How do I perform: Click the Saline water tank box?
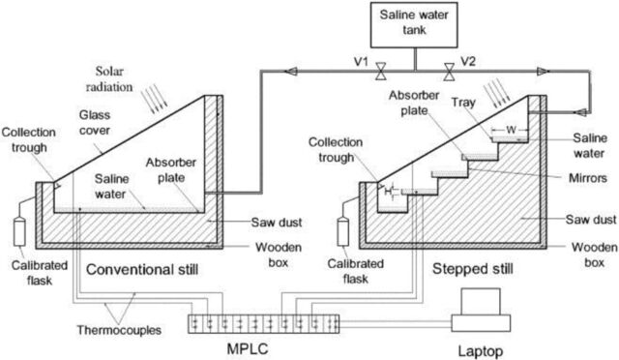pos(414,25)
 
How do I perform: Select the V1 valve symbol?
pos(380,72)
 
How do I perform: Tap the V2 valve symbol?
pos(449,72)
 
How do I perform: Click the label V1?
pos(361,62)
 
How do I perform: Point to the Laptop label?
pos(481,351)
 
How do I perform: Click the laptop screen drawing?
pos(481,302)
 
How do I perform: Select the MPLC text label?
pos(248,348)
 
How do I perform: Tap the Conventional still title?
pos(142,269)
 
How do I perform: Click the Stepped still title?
pos(473,269)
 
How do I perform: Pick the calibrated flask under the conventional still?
pos(19,231)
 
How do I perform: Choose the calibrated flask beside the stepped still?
pos(342,231)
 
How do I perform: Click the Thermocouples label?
pos(119,330)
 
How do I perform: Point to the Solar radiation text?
pos(109,79)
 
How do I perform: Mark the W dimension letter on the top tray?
pos(511,130)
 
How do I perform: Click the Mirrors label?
pos(588,178)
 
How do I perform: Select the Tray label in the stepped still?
pos(463,103)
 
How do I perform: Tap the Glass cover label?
pos(95,123)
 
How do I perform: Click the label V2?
pos(468,62)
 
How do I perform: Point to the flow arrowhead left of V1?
pos(290,72)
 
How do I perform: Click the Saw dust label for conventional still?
pos(277,222)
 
